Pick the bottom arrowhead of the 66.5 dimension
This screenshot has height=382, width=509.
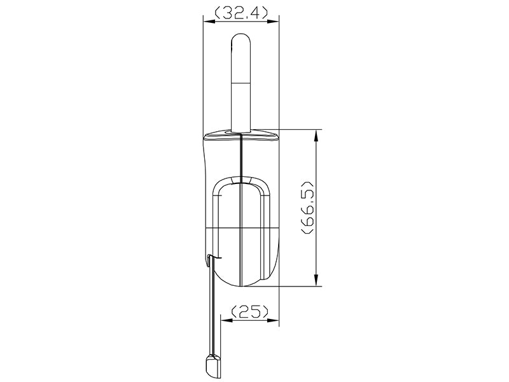316,282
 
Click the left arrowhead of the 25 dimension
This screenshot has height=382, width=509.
225,319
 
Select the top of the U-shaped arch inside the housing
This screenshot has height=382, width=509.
241,180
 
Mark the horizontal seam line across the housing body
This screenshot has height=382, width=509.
241,228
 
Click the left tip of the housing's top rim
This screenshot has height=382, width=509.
204,136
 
